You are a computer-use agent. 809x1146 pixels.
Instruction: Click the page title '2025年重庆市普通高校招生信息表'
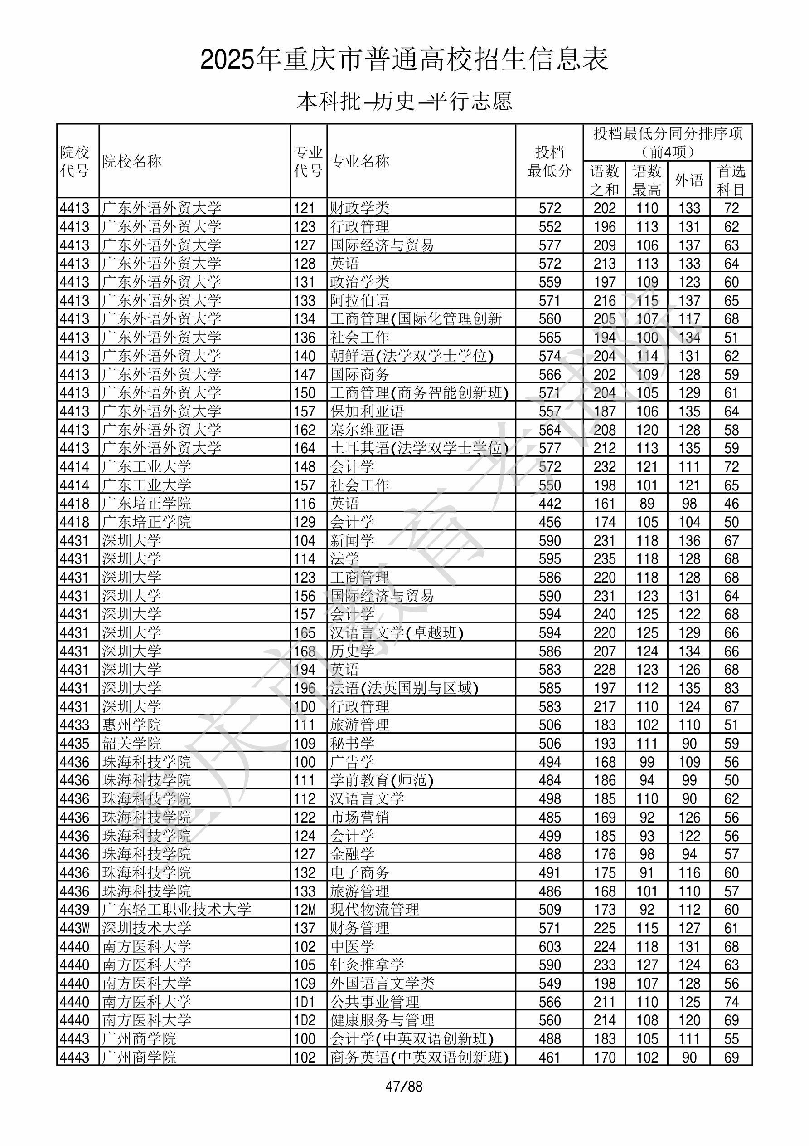404,60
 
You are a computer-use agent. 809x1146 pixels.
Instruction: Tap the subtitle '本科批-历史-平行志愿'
404,101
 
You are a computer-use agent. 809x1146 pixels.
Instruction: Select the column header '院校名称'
132,161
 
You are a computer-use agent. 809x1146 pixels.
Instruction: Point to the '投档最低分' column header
549,161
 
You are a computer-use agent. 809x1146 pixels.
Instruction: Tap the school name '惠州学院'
132,725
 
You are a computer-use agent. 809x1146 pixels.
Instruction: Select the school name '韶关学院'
132,743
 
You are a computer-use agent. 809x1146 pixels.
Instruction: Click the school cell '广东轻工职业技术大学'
177,910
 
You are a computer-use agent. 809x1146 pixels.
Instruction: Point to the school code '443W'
75,928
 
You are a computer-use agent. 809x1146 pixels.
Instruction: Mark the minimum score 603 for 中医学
550,946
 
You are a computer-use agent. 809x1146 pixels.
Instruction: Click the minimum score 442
550,504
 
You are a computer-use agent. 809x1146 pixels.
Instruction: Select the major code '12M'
305,910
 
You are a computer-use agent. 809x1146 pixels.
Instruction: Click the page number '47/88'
404,1087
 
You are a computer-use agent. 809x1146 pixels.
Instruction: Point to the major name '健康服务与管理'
382,1020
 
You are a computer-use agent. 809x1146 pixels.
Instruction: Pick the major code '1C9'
305,983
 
